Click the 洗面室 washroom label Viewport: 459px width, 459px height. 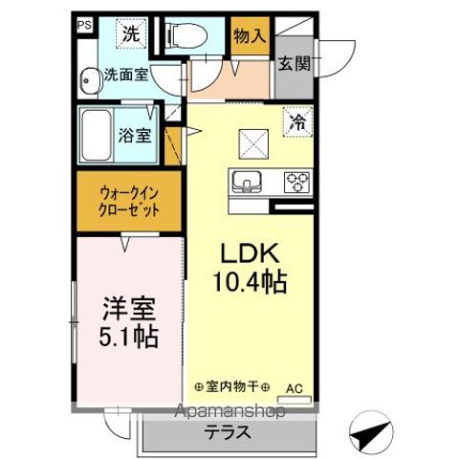point(125,73)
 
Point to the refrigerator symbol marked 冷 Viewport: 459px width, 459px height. point(297,123)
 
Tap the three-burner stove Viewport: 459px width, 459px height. point(295,179)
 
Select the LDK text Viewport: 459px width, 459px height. point(250,254)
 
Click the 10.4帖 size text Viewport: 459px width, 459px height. point(250,282)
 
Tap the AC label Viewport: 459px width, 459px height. point(297,388)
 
